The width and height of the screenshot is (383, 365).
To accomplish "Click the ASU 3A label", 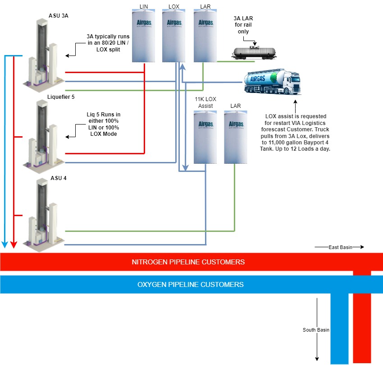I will point(59,15).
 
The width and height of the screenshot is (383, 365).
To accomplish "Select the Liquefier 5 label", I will point(61,97).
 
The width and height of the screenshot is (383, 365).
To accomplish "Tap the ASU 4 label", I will point(59,178).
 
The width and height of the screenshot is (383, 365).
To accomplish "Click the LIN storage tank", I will point(144,36).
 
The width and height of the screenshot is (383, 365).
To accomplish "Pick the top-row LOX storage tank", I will point(174,36).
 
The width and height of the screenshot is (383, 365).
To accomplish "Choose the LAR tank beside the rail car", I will point(205,36).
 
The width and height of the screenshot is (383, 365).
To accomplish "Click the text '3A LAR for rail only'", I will point(243,25).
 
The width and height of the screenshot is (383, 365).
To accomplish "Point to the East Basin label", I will point(340,247).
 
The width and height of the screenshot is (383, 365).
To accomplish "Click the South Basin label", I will point(316,330).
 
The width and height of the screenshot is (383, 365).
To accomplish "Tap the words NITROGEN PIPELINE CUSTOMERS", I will point(188,262).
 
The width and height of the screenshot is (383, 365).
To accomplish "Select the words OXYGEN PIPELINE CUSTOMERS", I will point(190,285).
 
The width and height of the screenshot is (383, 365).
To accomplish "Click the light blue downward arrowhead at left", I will point(5,245).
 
